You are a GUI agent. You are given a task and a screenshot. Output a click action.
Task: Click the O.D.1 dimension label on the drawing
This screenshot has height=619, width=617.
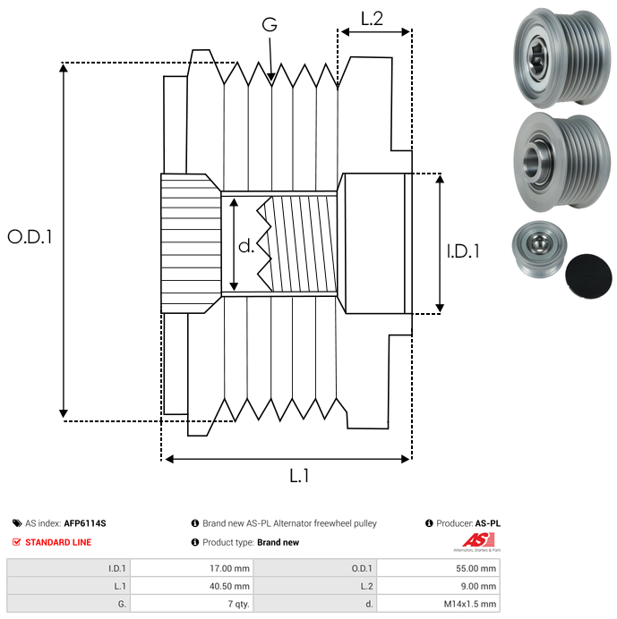click(x=30, y=238)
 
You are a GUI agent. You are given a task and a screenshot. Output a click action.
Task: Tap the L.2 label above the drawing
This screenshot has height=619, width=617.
click(x=372, y=18)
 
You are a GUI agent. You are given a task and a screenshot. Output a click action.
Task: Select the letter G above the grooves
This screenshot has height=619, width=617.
click(x=270, y=25)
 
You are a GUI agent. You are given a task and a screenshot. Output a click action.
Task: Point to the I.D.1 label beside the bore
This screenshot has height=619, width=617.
click(x=463, y=251)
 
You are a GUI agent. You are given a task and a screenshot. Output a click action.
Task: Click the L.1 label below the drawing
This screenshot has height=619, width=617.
click(x=299, y=477)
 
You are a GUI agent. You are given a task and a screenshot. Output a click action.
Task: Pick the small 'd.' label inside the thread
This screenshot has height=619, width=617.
click(x=245, y=245)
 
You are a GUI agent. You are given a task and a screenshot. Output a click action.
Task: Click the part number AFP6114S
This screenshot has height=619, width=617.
click(x=90, y=523)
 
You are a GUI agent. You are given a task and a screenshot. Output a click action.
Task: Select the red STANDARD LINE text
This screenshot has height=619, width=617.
click(x=58, y=542)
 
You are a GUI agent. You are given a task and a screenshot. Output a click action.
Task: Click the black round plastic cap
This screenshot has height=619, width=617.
click(x=590, y=274)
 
